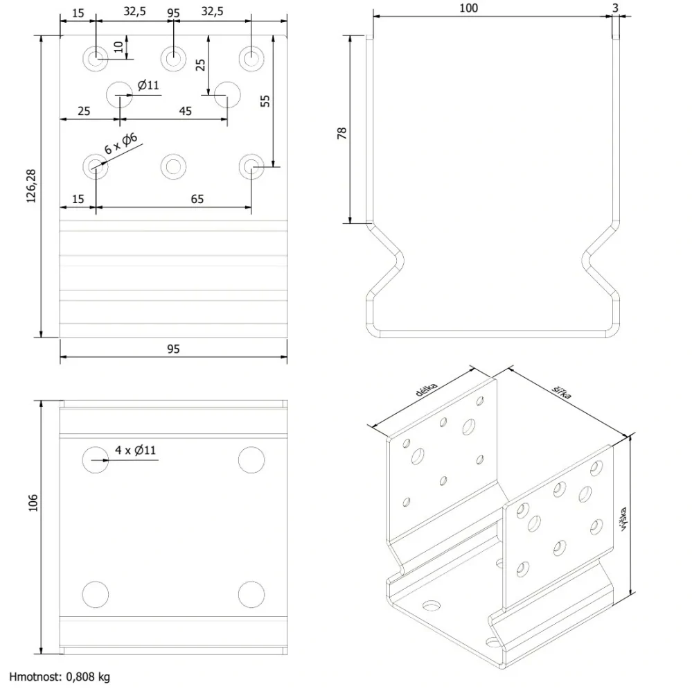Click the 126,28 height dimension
point(31,186)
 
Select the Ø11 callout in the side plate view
point(148,85)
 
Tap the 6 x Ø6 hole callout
point(121,143)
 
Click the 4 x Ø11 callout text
point(136,450)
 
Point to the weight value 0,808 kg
point(88,677)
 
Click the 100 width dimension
point(468,8)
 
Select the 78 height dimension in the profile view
point(342,133)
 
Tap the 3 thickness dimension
point(615,8)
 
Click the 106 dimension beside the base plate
point(33,503)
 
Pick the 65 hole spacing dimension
point(197,199)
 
